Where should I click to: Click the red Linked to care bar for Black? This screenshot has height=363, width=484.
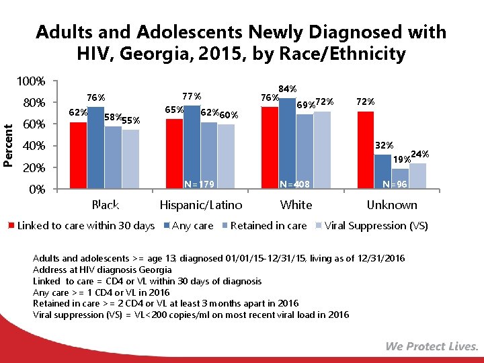(x=79, y=155)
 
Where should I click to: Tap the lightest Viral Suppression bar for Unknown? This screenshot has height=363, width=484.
(x=417, y=175)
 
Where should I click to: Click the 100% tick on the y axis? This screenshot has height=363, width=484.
(x=31, y=82)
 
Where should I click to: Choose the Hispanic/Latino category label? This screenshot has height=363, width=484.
(x=201, y=205)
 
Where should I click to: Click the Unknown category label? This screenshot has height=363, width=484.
(x=391, y=205)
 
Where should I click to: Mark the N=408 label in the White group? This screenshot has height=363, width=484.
(x=296, y=183)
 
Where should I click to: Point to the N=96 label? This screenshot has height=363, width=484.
(x=393, y=183)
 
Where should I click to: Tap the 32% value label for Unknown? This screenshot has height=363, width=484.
(x=384, y=145)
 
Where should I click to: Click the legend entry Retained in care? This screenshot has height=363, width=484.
(x=268, y=226)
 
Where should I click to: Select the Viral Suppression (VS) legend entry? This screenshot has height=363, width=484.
(x=376, y=226)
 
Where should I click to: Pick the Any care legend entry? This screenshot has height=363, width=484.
(x=193, y=226)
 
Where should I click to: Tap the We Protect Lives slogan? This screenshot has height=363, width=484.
(x=432, y=346)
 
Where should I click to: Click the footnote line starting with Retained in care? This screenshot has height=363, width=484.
(x=165, y=303)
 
